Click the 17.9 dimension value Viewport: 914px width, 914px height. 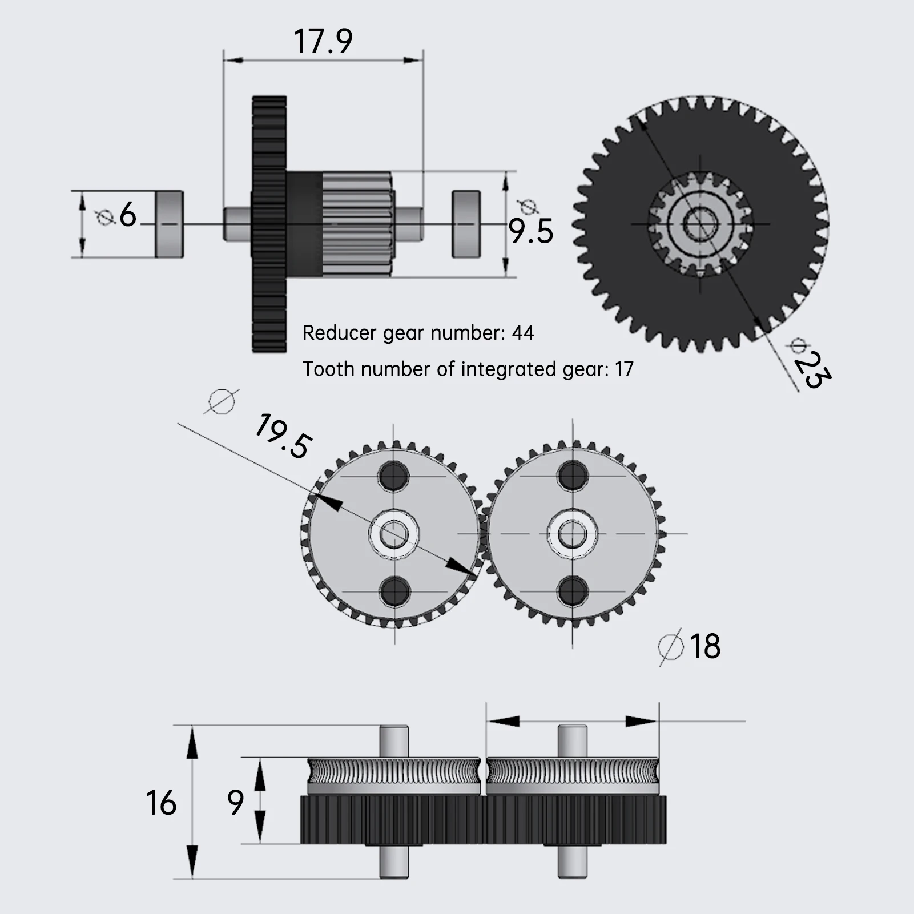pos(323,42)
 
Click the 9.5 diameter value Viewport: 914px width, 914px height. pos(531,231)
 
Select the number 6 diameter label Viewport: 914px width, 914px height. pos(128,216)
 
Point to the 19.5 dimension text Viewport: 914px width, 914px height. pos(283,437)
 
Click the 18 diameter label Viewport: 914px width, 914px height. pos(704,646)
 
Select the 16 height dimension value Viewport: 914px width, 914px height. pos(161,803)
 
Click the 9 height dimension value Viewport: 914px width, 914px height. pos(235,803)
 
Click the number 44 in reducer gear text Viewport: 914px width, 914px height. pos(522,333)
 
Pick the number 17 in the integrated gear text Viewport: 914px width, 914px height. pos(624,369)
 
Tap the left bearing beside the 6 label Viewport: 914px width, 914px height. pos(170,224)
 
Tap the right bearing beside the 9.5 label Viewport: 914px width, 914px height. pos(466,224)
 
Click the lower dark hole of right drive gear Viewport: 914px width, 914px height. pos(573,591)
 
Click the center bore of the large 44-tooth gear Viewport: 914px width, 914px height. pos(700,224)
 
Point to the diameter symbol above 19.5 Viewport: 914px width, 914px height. pos(222,401)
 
